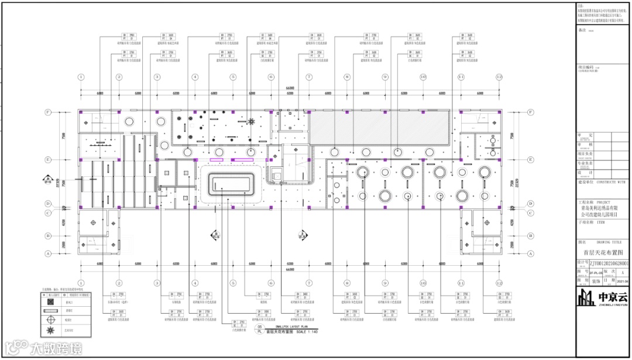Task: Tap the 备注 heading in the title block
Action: pos(582,29)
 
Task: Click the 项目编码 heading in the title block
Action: pos(585,68)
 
